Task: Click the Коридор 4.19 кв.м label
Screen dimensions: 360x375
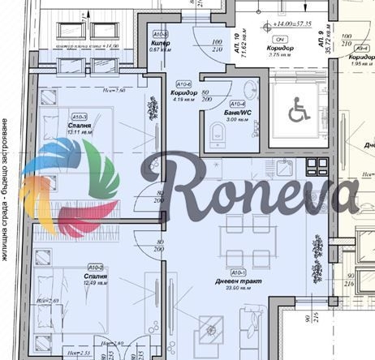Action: [184, 97]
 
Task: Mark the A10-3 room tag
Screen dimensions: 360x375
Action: [161, 35]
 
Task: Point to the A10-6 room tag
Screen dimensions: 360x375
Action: [184, 84]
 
